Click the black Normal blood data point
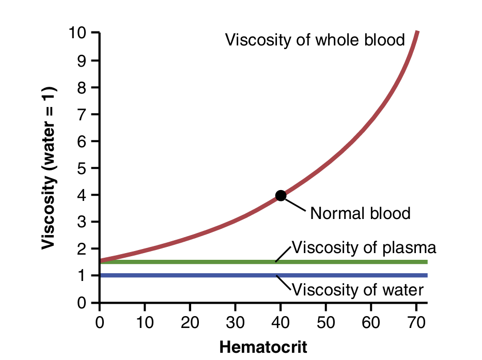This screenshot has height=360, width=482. (x=281, y=195)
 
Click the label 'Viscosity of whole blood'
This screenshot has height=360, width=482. (x=315, y=40)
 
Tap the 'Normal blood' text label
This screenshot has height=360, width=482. (x=360, y=213)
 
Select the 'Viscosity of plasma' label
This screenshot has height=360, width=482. (x=364, y=247)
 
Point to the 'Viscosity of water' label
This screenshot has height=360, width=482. (x=358, y=289)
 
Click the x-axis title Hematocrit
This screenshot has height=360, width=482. (x=263, y=347)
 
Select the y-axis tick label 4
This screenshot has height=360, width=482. (x=81, y=195)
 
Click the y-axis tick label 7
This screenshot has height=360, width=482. (x=81, y=114)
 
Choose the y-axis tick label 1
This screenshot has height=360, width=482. (x=81, y=276)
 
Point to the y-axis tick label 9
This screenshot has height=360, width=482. (x=81, y=60)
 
